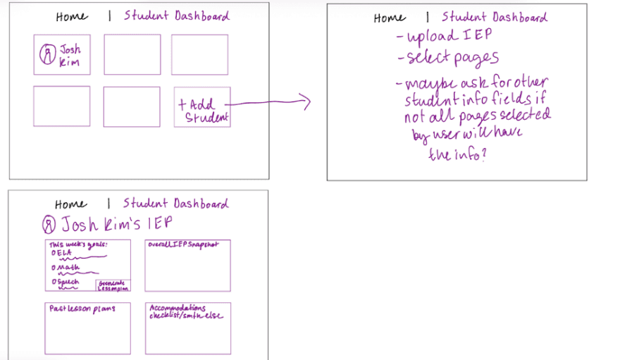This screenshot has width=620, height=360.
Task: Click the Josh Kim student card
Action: click(x=61, y=55)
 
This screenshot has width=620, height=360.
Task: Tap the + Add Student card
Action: click(x=202, y=107)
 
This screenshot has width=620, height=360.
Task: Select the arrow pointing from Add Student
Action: click(x=271, y=103)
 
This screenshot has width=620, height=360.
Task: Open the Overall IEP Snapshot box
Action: click(x=187, y=266)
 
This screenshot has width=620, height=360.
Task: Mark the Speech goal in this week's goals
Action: click(x=67, y=283)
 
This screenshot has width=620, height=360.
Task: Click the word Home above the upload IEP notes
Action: click(x=389, y=18)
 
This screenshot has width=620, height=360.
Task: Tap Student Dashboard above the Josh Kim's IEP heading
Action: click(x=176, y=204)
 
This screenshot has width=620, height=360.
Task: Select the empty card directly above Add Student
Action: click(x=199, y=55)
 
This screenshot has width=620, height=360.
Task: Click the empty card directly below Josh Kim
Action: click(x=61, y=106)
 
